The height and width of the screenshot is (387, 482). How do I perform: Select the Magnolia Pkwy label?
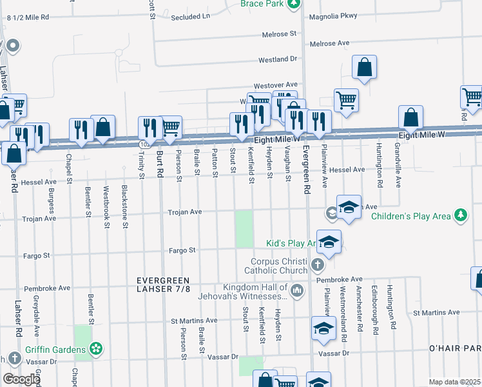[333, 17]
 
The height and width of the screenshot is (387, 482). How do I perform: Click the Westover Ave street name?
[275, 84]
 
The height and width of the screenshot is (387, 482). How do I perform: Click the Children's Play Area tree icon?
[460, 216]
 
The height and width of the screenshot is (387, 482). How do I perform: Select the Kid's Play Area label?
[290, 243]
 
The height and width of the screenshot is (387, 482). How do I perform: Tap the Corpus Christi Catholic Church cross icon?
[317, 265]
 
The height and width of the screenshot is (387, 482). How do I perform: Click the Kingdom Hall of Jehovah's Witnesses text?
[255, 292]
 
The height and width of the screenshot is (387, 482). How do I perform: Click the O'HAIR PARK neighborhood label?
[455, 348]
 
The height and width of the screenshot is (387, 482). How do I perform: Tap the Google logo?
[21, 379]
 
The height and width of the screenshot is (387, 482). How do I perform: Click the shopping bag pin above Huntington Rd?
[410, 117]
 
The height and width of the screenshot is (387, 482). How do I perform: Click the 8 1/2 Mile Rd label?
[27, 18]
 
